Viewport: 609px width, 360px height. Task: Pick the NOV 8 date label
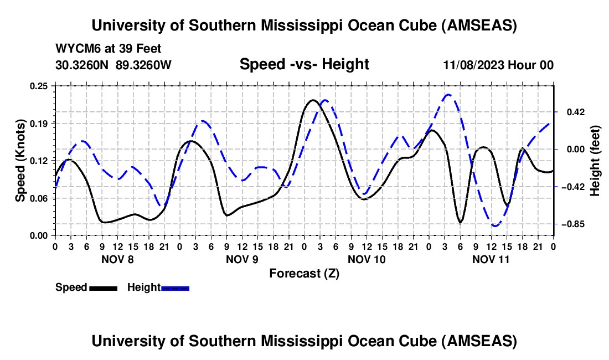[117, 259]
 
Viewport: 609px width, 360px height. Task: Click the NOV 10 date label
[367, 259]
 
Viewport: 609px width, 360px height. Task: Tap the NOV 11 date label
[491, 259]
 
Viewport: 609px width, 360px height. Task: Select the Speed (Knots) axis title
[20, 161]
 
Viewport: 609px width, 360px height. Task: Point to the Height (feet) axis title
[596, 161]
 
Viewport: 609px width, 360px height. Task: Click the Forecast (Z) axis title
[304, 273]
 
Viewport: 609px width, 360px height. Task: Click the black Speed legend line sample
[102, 287]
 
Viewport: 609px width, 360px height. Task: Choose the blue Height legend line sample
[175, 287]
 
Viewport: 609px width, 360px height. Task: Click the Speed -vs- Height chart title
[304, 64]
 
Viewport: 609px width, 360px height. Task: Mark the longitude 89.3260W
[144, 65]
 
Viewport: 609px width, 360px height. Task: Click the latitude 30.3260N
[82, 65]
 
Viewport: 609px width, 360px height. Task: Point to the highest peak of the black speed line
[312, 100]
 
